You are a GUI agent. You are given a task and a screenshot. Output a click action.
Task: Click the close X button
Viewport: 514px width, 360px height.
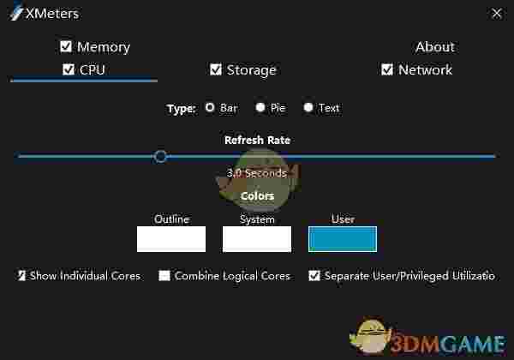[x=497, y=13]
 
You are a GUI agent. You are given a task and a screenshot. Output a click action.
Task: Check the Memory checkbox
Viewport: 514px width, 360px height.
[x=66, y=46]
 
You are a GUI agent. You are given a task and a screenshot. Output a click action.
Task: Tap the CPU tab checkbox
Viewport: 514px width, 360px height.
[x=69, y=69]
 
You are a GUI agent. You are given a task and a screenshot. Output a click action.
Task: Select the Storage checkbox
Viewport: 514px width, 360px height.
[x=216, y=69]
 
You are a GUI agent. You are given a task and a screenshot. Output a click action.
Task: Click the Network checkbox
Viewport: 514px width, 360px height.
[x=387, y=69]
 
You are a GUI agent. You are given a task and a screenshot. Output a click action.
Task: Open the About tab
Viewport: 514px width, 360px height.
[x=434, y=46]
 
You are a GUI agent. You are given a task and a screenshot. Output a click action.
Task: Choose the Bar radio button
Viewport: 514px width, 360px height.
[x=210, y=108]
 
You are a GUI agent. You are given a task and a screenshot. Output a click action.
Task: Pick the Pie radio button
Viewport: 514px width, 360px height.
[x=260, y=108]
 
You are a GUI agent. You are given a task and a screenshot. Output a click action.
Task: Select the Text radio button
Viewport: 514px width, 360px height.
[x=308, y=108]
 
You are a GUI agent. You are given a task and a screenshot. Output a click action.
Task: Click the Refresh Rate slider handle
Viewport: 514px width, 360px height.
[x=160, y=156]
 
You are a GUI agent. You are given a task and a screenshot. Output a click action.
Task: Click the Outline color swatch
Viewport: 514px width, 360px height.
[x=171, y=239]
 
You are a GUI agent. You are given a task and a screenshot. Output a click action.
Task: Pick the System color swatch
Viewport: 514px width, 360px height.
[x=257, y=239]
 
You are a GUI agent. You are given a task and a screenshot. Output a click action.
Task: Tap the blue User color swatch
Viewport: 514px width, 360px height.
[x=343, y=239]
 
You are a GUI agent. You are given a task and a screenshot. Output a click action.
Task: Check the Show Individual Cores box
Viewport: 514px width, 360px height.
[x=21, y=276]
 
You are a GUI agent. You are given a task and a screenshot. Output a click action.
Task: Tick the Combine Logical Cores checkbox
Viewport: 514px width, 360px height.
[x=164, y=276]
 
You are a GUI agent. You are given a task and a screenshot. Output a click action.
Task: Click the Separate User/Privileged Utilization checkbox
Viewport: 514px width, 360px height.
[x=314, y=276]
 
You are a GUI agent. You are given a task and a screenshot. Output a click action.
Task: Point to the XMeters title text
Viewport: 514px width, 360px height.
[x=51, y=14]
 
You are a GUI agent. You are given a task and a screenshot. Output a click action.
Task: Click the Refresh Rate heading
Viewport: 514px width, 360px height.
[x=257, y=140]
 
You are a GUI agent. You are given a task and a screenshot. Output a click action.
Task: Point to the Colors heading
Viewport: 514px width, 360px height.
[x=257, y=195]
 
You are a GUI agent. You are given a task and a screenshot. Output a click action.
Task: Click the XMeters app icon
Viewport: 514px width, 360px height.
[x=15, y=14]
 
